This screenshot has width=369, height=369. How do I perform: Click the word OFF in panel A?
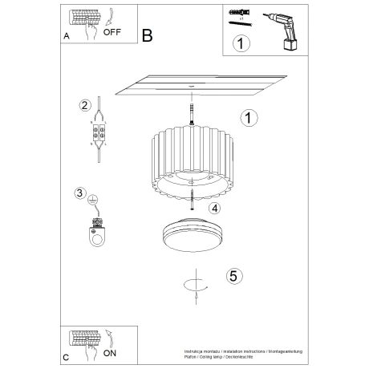(x=113, y=33)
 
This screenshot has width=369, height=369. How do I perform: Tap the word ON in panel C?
(x=110, y=352)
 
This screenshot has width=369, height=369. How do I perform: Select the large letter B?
(x=147, y=35)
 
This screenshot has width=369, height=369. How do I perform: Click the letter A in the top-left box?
(x=66, y=37)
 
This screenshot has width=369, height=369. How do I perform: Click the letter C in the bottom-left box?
(x=66, y=355)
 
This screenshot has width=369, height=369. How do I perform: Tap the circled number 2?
(x=83, y=105)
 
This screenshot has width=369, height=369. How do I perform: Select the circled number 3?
(x=79, y=193)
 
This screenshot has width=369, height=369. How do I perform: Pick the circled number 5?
(x=233, y=276)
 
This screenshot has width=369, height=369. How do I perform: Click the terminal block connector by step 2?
(x=99, y=134)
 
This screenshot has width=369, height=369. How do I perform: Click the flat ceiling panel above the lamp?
(x=201, y=85)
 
